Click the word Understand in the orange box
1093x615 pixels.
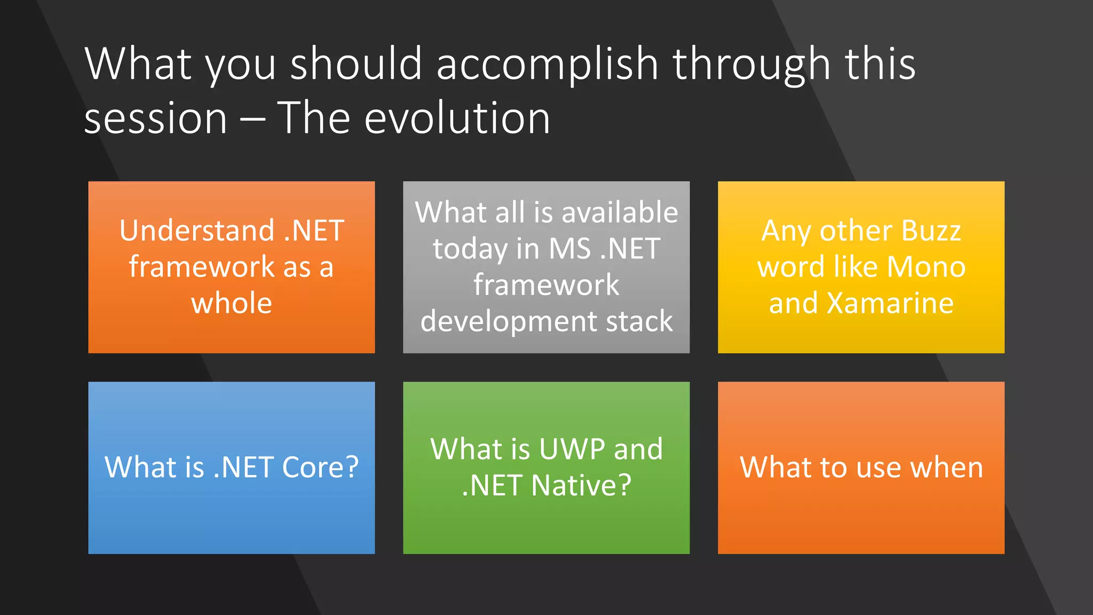197,231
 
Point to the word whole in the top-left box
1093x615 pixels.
232,303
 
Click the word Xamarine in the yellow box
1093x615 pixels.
890,303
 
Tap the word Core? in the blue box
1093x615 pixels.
320,468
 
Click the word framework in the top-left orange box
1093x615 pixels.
202,267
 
